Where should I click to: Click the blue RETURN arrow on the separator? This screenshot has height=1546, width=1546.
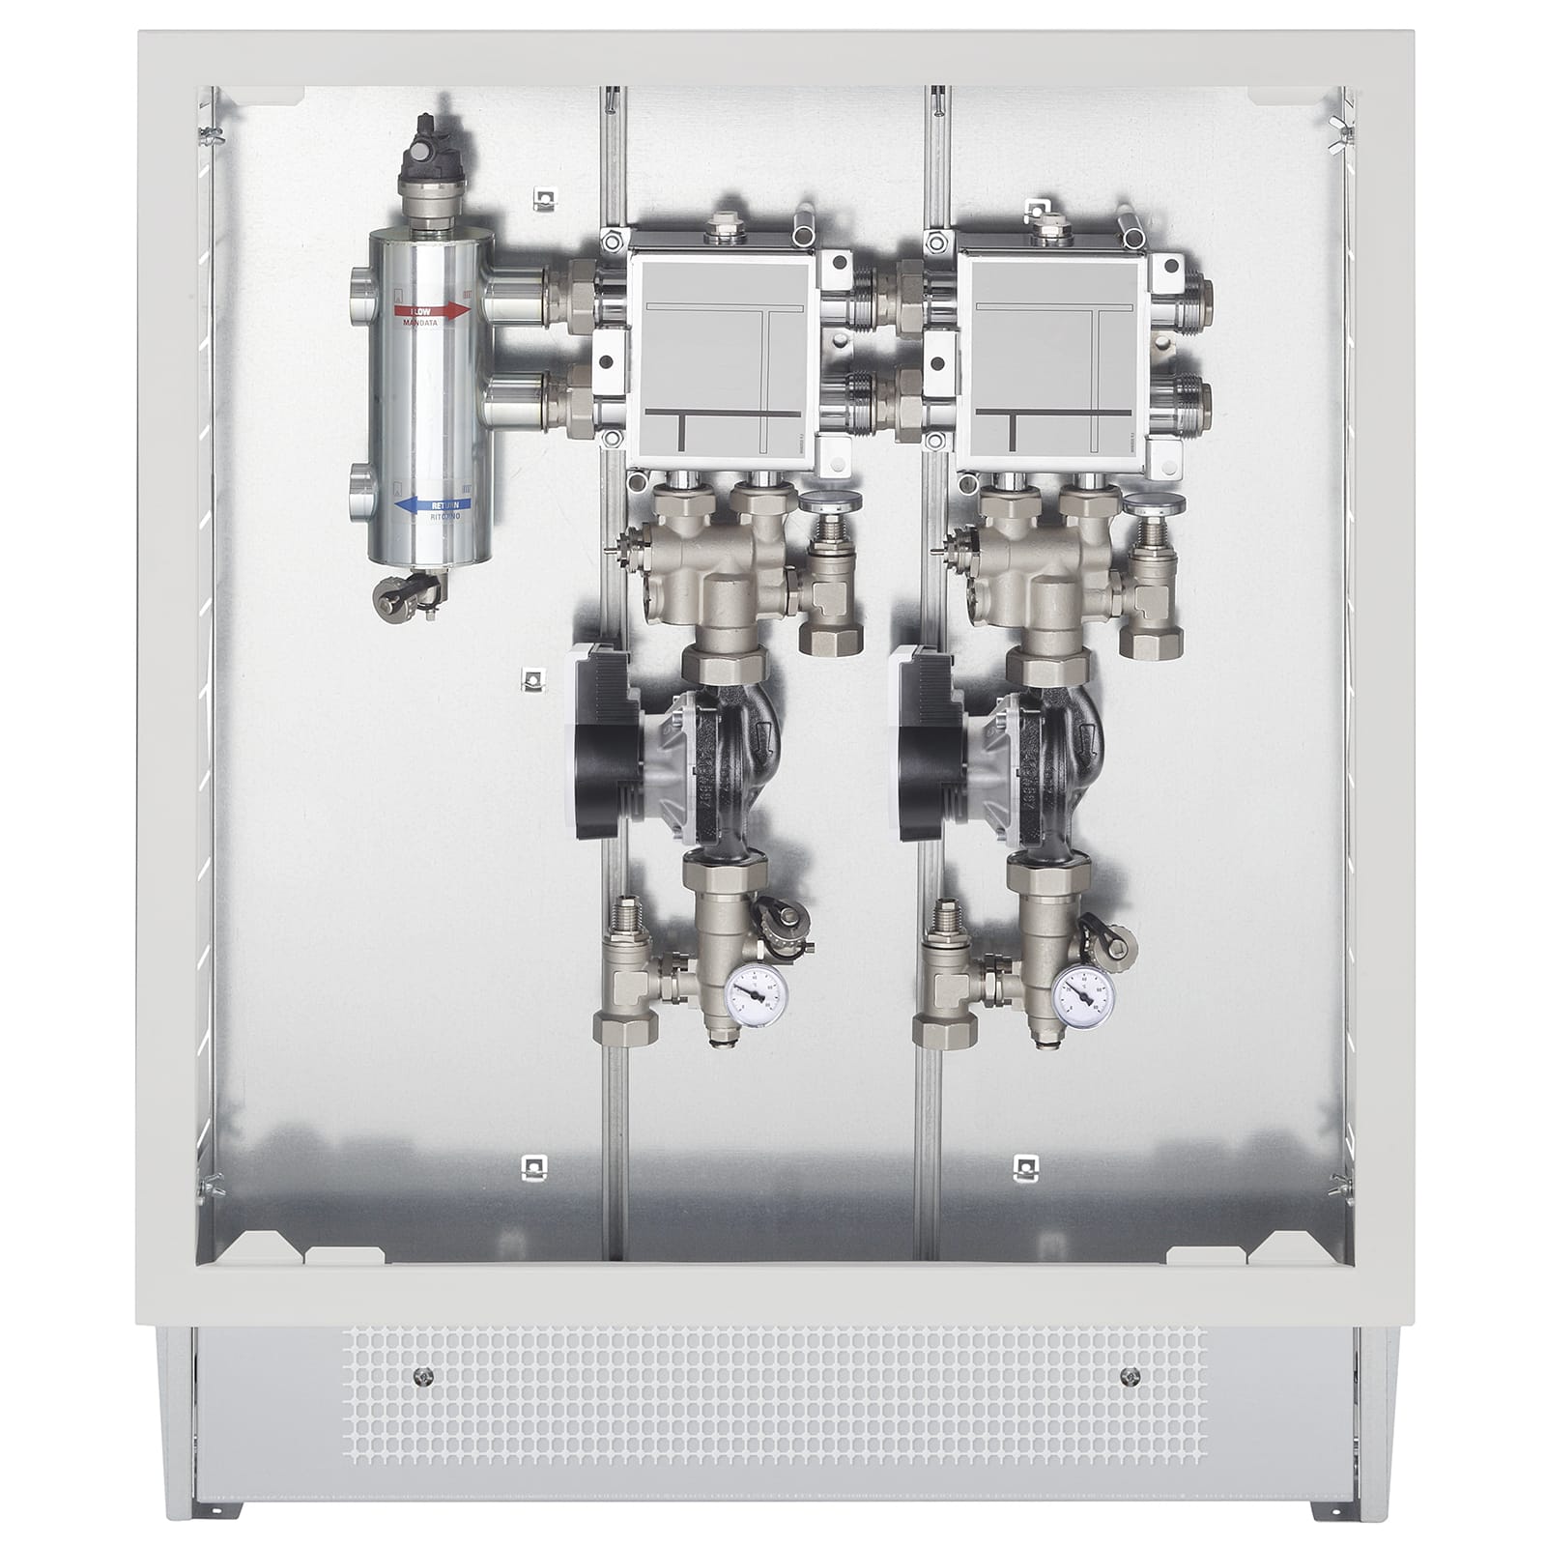coord(432,504)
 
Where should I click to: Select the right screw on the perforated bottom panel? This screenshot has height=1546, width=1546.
coord(1127,1376)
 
